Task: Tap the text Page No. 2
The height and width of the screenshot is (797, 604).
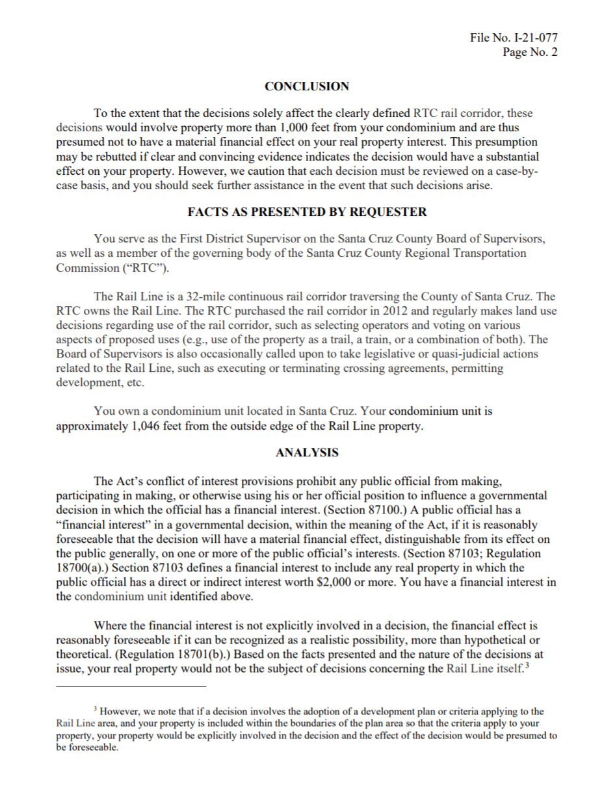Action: (x=529, y=52)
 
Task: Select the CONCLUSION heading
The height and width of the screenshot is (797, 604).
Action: (x=306, y=86)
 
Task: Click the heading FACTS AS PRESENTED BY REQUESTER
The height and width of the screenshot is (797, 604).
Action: (x=307, y=212)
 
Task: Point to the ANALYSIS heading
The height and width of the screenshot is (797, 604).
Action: (x=307, y=452)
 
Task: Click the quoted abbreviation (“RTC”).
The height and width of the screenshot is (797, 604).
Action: (x=153, y=268)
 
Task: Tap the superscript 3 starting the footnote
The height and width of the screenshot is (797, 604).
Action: (x=95, y=709)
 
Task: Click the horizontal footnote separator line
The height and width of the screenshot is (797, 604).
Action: (x=131, y=685)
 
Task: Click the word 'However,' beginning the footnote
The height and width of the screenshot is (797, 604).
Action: (x=117, y=712)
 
